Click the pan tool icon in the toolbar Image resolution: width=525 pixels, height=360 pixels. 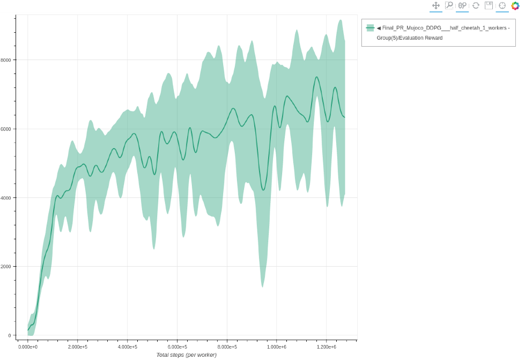coord(436,5)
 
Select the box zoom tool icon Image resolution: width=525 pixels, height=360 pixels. coord(449,5)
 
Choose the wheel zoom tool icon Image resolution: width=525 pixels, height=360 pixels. coord(462,5)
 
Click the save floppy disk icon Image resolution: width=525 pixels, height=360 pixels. coord(489,5)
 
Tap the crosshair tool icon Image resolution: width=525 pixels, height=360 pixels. coord(502,5)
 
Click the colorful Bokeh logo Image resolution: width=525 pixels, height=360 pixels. coord(515,5)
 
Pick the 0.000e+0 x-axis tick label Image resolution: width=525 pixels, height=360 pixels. coord(28,347)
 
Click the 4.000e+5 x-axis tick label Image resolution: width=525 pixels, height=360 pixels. coord(127,347)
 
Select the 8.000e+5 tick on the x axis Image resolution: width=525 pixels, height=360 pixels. coord(227,347)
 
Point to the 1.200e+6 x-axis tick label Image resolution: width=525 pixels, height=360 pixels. coord(326,347)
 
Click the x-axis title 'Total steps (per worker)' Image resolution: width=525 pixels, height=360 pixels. coord(186,355)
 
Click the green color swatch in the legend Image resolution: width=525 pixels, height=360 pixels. coord(370,28)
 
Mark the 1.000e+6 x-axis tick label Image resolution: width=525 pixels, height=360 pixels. coord(276,347)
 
